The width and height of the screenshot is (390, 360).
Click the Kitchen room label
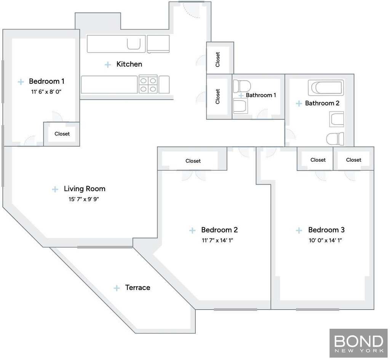click(129, 64)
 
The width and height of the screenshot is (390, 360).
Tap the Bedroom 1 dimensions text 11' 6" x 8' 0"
click(46, 92)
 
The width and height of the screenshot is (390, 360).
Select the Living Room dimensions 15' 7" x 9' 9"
click(84, 199)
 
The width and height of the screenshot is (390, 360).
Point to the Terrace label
click(137, 287)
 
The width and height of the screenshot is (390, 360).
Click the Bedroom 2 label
click(219, 230)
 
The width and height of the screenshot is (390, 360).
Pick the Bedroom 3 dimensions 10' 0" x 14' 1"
click(325, 240)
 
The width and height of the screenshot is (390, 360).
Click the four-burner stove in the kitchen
click(148, 84)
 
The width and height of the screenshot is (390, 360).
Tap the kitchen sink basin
click(134, 44)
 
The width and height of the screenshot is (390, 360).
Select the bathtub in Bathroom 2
click(326, 88)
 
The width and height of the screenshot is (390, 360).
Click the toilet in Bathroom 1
click(242, 86)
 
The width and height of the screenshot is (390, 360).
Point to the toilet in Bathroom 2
click(335, 139)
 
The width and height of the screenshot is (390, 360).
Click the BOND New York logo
click(358, 343)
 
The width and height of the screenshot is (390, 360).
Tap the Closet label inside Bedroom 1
click(62, 134)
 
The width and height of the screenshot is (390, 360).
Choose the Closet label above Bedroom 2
click(193, 161)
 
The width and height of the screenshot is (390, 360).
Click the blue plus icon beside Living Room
click(55, 189)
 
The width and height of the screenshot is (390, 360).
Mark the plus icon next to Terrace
click(117, 288)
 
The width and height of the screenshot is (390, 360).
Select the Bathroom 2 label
click(322, 103)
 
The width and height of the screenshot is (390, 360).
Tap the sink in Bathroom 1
click(241, 106)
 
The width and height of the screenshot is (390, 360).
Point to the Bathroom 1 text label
click(261, 95)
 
